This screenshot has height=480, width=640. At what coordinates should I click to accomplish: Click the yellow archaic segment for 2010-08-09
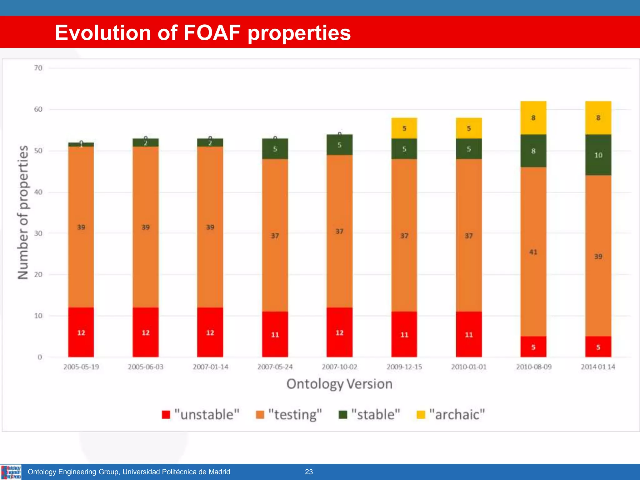[533, 118]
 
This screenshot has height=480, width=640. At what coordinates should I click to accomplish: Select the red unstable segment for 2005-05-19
[81, 332]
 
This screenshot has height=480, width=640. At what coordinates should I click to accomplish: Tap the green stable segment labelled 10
[598, 155]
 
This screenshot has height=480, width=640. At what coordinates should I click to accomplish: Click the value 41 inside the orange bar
[533, 252]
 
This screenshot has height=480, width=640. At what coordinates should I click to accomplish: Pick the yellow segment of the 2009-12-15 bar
[404, 128]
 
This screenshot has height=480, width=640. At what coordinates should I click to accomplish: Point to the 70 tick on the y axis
[38, 68]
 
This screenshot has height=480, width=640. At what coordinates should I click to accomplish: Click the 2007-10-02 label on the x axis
[339, 367]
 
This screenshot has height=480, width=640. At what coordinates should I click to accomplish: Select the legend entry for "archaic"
[451, 415]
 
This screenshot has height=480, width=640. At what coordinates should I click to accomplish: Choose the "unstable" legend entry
[201, 415]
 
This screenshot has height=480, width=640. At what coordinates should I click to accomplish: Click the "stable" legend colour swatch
[343, 415]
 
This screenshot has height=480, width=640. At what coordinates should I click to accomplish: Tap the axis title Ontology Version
[339, 384]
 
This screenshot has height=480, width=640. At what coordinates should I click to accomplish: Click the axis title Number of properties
[23, 212]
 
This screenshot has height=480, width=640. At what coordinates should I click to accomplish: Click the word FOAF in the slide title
[212, 32]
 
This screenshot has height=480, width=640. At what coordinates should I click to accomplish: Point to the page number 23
[309, 472]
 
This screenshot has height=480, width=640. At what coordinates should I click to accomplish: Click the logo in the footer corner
[11, 472]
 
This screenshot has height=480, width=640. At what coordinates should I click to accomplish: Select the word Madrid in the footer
[219, 472]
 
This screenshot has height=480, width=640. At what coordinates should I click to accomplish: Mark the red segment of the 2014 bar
[598, 347]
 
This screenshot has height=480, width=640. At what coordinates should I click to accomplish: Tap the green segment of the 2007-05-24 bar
[275, 149]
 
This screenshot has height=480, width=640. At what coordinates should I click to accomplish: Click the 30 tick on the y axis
[38, 233]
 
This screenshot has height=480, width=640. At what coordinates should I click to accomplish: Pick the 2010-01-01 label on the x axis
[469, 367]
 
